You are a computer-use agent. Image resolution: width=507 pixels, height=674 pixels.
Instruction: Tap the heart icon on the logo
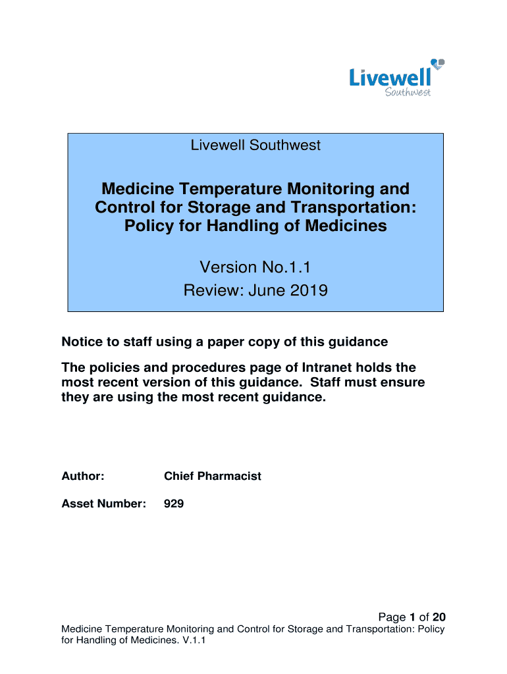coord(438,64)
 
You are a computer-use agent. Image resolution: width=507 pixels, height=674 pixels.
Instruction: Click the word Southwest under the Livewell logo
coord(407,93)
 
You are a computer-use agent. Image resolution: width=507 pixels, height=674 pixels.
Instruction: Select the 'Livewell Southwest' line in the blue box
coord(255,145)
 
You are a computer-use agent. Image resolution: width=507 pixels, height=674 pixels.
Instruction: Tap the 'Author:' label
coord(83,476)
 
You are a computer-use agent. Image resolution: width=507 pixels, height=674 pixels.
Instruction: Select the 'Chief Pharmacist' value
coord(212,476)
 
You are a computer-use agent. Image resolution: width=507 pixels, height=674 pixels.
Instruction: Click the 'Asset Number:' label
coord(103,504)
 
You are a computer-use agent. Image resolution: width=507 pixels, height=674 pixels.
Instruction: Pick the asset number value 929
coord(174,504)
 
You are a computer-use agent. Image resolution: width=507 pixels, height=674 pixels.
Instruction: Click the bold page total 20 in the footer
coord(439,617)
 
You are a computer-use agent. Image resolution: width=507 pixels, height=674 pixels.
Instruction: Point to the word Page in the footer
coord(392,617)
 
